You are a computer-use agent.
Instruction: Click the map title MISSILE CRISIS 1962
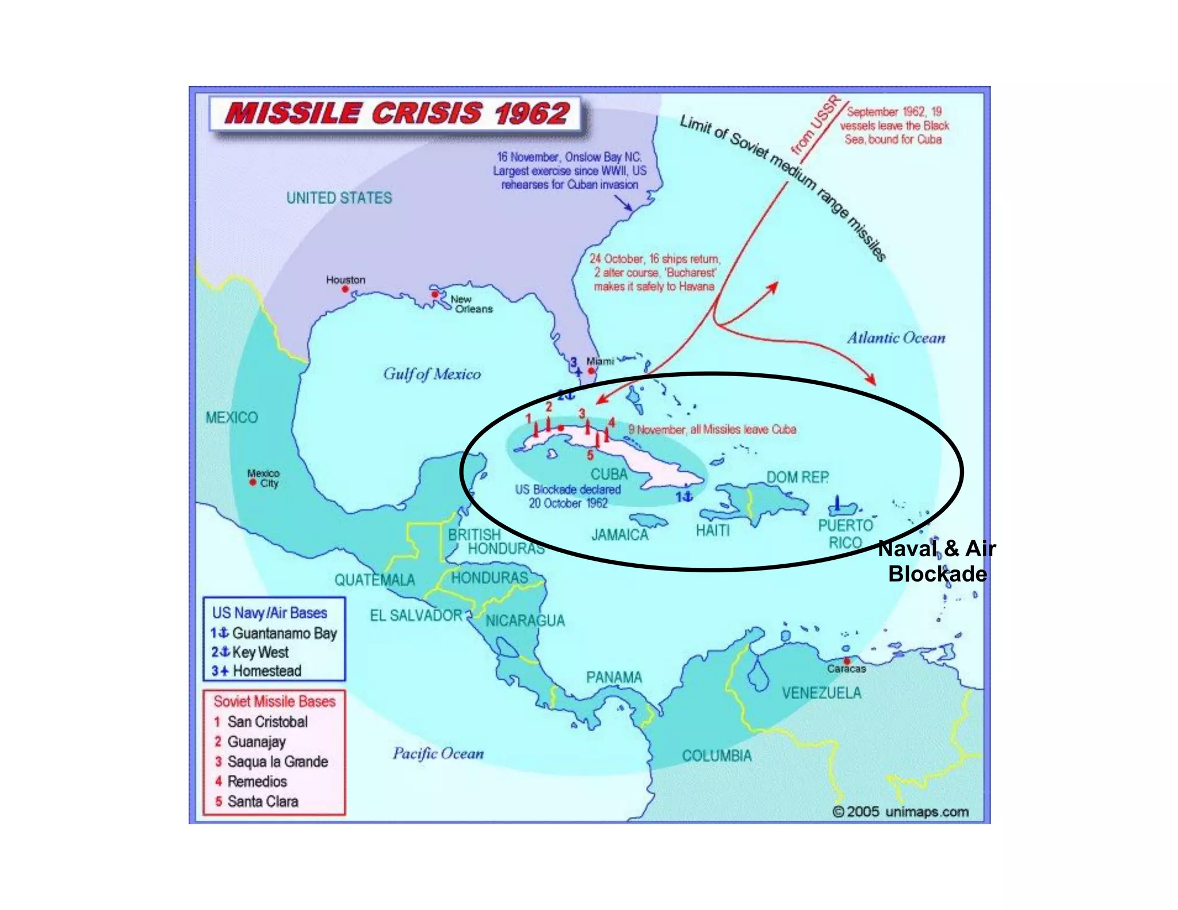tap(397, 113)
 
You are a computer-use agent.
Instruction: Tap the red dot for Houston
tap(345, 289)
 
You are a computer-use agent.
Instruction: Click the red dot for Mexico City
tap(253, 482)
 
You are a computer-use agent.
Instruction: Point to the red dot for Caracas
tap(847, 661)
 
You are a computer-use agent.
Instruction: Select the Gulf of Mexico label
tap(432, 374)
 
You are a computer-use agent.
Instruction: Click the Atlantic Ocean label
tap(896, 338)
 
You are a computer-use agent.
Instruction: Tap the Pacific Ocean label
tap(438, 754)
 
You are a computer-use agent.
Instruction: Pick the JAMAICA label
tap(619, 535)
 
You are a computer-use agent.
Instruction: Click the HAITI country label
tap(712, 530)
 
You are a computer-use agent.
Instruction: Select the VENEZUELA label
tap(821, 693)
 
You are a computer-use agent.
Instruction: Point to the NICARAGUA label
tap(525, 621)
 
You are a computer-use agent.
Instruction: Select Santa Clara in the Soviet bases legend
tap(262, 801)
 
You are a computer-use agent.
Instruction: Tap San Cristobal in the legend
tap(267, 721)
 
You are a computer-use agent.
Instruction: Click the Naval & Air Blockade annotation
tap(937, 561)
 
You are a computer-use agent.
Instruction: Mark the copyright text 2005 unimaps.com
tap(901, 812)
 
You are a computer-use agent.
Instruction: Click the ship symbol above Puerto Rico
tap(837, 504)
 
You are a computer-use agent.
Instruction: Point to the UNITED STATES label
tap(339, 198)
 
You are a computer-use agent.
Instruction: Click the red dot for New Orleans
tap(435, 295)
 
